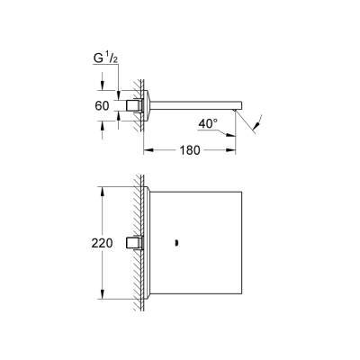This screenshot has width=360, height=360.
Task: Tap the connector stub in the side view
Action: (x=136, y=105)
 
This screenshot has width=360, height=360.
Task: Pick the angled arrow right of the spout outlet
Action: (x=259, y=119)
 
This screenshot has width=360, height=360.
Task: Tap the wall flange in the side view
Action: (x=148, y=104)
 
